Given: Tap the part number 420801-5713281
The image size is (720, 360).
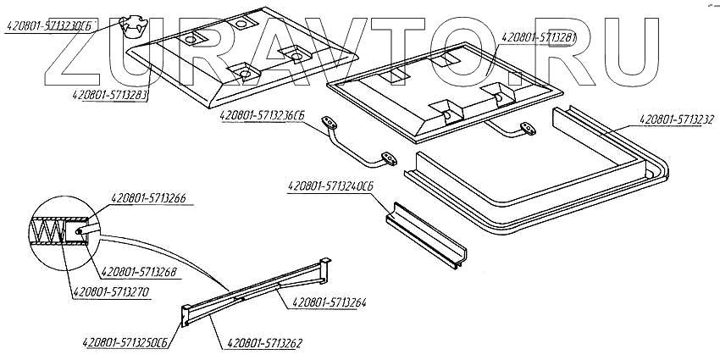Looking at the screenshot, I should coord(540,38).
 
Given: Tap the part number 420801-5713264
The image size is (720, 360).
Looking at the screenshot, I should coord(330,302).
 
